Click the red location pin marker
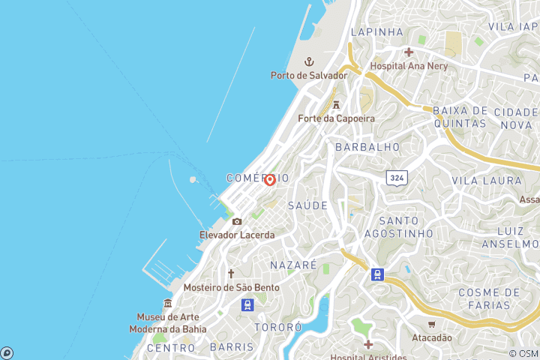click(x=269, y=179)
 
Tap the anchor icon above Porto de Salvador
click(x=308, y=61)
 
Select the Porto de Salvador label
click(x=309, y=75)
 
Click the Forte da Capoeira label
click(x=336, y=118)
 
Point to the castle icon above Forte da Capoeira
click(x=336, y=104)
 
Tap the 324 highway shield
click(x=397, y=178)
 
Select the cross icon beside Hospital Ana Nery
click(x=408, y=52)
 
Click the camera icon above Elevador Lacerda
click(x=237, y=221)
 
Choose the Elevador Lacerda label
click(x=237, y=235)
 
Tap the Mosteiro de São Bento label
click(x=232, y=287)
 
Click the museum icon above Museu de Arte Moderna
click(x=167, y=303)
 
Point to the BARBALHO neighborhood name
click(x=367, y=147)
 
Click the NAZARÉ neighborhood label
click(x=293, y=265)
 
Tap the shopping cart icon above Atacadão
click(x=432, y=324)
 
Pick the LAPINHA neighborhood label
click(x=376, y=32)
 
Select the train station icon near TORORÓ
click(x=247, y=304)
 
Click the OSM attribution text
click(x=523, y=353)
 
